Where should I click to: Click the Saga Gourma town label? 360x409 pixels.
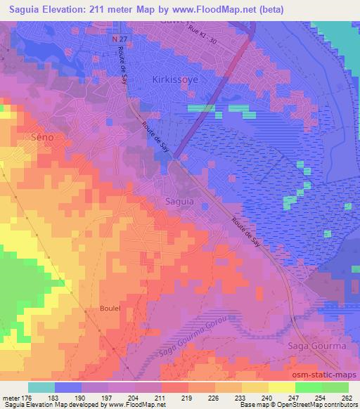pos(316,346)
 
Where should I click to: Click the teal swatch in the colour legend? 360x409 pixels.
pos(41,387)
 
